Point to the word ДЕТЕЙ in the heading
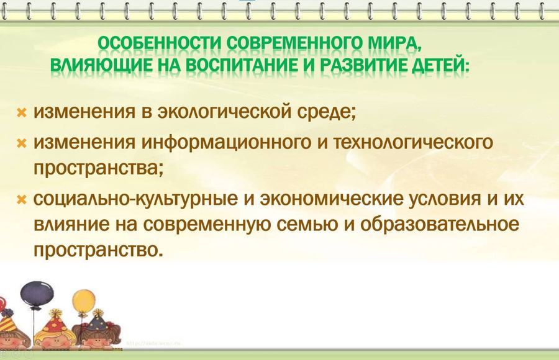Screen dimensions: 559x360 440,66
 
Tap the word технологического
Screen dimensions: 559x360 413,143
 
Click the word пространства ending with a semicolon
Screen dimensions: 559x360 98,168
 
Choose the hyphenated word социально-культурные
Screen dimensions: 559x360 135,199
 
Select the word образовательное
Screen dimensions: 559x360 439,224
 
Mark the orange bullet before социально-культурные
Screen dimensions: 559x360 22,200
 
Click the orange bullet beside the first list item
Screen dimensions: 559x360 22,112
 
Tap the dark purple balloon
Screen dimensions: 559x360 37,294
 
